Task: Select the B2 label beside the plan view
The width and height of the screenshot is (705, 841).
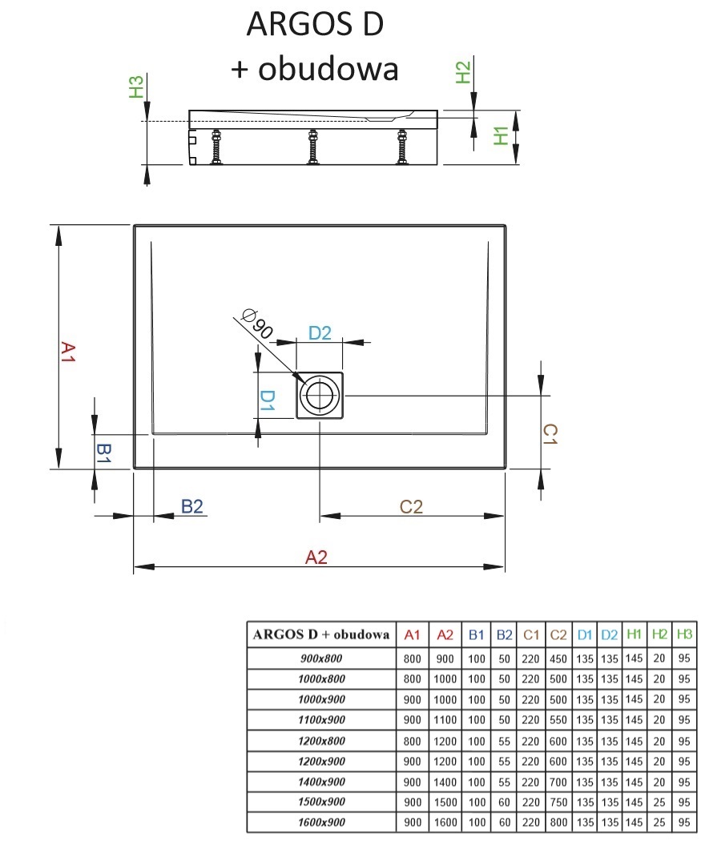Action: [x=192, y=506]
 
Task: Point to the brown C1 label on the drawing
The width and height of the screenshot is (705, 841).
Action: [x=550, y=434]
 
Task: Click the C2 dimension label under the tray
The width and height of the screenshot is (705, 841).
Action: [x=411, y=506]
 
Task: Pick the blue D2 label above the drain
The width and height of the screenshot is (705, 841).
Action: [x=320, y=333]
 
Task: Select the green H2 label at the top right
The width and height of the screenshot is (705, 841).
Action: [x=463, y=73]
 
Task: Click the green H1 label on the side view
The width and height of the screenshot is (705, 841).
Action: [x=502, y=135]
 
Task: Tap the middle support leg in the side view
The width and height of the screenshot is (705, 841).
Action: [x=312, y=147]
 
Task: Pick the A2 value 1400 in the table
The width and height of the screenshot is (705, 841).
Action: [x=445, y=781]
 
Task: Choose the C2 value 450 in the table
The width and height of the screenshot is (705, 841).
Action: [x=558, y=658]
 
